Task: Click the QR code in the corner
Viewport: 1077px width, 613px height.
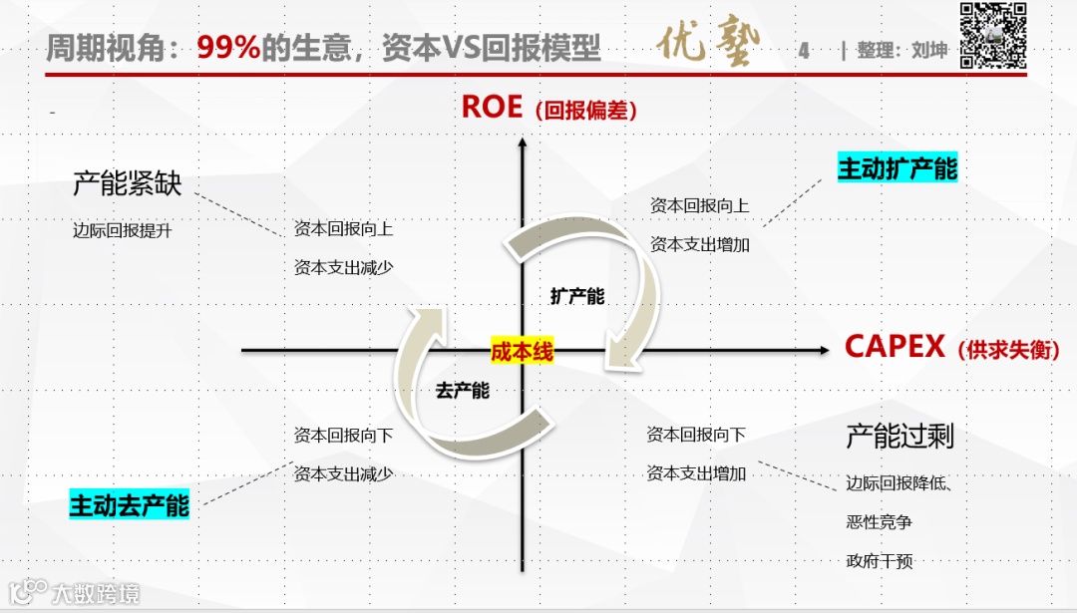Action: [x=993, y=36]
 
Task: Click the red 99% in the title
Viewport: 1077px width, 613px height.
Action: [x=228, y=48]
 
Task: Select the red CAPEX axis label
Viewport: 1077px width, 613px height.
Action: [x=895, y=347]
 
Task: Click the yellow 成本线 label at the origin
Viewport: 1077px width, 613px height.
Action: [x=521, y=351]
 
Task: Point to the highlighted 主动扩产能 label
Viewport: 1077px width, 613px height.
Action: [x=897, y=168]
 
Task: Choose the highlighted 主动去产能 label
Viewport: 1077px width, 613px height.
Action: [x=129, y=504]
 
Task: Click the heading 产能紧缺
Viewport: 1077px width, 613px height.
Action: [x=127, y=183]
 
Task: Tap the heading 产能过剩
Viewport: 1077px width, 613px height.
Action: [x=899, y=436]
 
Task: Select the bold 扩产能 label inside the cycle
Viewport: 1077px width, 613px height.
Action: [x=576, y=296]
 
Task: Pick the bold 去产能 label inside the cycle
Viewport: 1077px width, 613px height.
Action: [x=462, y=391]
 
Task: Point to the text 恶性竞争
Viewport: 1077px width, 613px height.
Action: [x=879, y=521]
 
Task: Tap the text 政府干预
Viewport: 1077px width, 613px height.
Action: [x=879, y=561]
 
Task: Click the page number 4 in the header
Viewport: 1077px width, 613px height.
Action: [x=804, y=50]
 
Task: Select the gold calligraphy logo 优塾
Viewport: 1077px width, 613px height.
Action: [x=709, y=46]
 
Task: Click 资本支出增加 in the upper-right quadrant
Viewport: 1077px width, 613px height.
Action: [x=699, y=244]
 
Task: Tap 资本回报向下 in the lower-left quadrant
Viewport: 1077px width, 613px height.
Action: [x=343, y=435]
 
